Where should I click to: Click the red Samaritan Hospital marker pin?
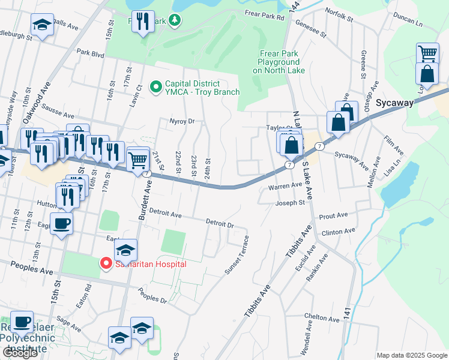[106, 263]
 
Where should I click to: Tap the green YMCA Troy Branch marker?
[156, 88]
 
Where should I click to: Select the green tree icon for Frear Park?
[175, 21]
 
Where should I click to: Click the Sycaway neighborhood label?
[394, 103]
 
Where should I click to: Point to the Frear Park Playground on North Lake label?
[279, 62]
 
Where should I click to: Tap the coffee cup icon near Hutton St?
[62, 224]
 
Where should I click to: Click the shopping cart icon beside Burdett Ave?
[138, 159]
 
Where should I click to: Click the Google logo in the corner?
[20, 353]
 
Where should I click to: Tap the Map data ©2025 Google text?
[412, 355]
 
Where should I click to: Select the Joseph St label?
[291, 203]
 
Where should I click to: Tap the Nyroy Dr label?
[182, 121]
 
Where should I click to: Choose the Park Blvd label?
[91, 53]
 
